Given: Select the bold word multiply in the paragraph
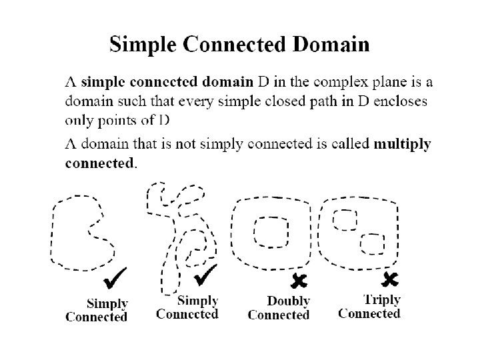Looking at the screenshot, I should pos(403,143).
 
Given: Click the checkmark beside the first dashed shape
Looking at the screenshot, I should pos(117,276).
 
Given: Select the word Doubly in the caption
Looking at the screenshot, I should pos(288,302).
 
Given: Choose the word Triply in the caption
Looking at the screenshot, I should pos(381,299).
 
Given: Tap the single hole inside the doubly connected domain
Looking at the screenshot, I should pos(271,233).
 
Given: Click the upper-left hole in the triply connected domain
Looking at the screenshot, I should pos(345,219).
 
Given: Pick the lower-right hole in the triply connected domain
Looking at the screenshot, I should pos(372,243).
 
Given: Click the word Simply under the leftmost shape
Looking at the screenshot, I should pos(107,304).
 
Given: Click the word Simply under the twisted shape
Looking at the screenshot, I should pos(197,301).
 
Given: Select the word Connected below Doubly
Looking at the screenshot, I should pos(279,315).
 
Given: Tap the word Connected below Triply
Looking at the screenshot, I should pos(369,313).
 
